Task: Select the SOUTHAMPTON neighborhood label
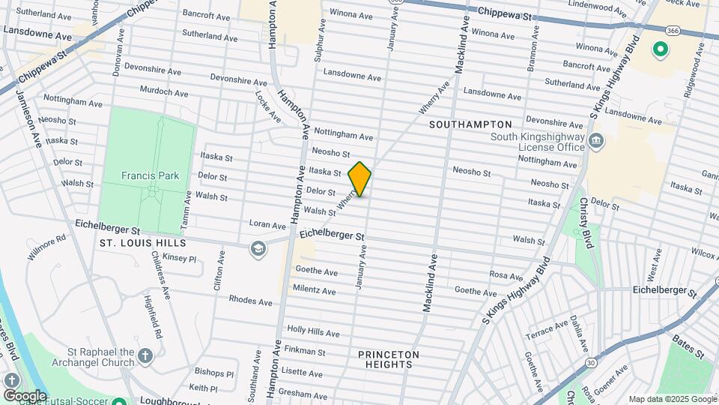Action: click(x=471, y=124)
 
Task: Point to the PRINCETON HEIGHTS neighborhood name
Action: click(x=389, y=359)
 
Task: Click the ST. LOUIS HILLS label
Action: click(x=136, y=243)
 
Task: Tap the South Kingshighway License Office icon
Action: click(x=596, y=140)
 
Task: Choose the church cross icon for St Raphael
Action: click(x=145, y=355)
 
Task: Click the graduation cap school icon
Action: click(x=258, y=249)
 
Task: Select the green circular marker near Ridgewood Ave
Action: click(x=660, y=50)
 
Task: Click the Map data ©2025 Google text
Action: click(x=672, y=399)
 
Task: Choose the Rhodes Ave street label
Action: click(x=251, y=301)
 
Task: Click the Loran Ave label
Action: click(x=267, y=225)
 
